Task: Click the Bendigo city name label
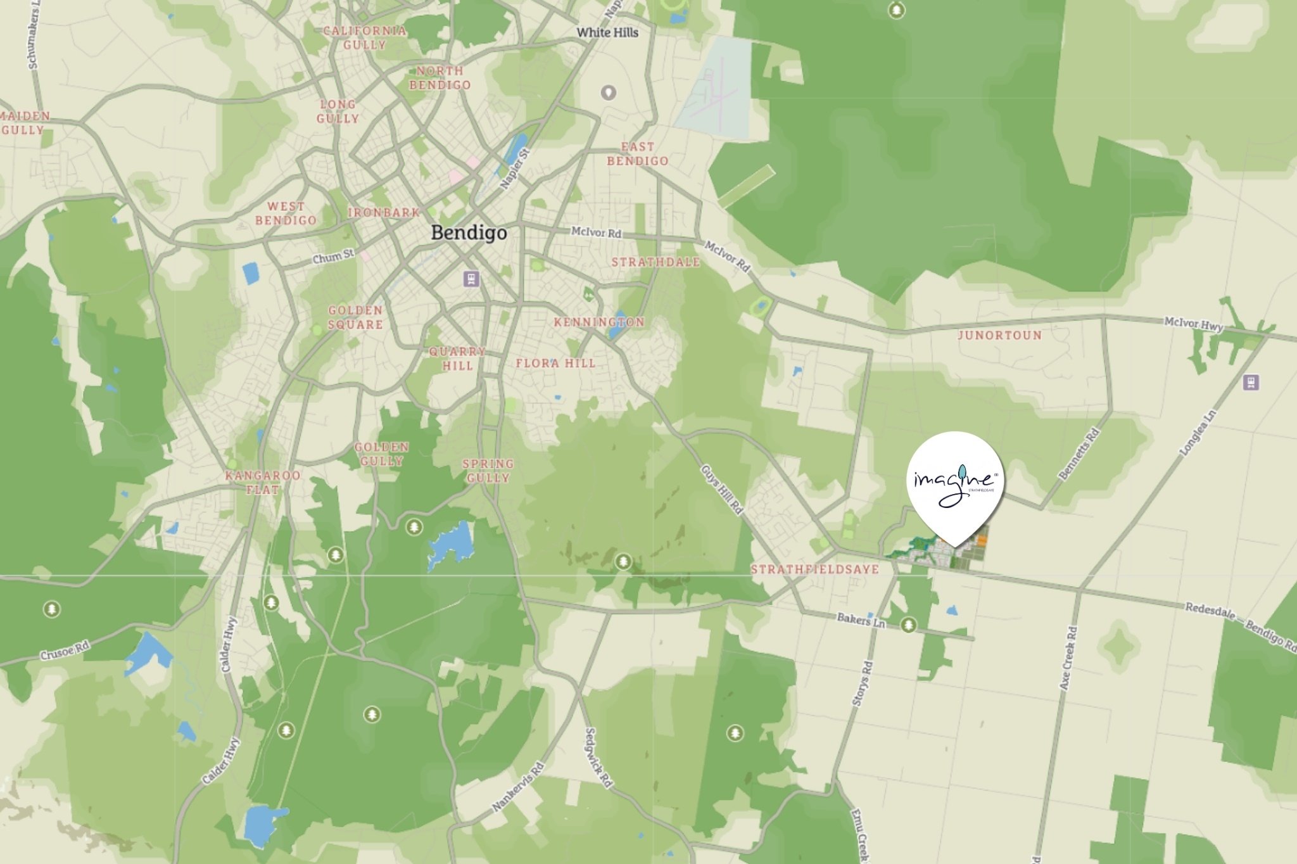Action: pos(469,232)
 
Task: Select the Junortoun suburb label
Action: pos(999,335)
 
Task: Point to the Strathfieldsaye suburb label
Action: pos(815,569)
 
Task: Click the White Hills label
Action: pos(607,32)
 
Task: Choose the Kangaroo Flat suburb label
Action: pos(263,482)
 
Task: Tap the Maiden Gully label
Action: pos(24,123)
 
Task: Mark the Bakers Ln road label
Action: pos(861,619)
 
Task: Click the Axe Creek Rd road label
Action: pos(1068,658)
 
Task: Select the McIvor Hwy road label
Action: pos(1194,324)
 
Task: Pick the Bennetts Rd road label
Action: pos(1079,454)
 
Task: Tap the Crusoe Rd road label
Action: pos(65,651)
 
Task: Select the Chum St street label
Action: pos(333,257)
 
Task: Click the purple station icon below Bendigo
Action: pos(471,279)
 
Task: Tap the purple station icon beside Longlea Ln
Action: pos(1251,383)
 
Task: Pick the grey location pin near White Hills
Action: pos(608,93)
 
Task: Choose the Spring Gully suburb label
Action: pos(488,471)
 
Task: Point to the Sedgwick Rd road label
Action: pos(598,758)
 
